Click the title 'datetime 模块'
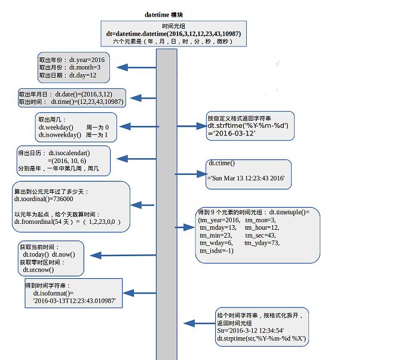tap(164, 14)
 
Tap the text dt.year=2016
tap(87, 60)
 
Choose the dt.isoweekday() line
tap(60, 135)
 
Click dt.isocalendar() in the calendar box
tap(69, 153)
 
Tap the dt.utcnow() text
tap(38, 270)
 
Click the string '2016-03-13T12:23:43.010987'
tap(74, 302)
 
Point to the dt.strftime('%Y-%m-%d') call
tap(249, 125)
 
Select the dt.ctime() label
tap(222, 163)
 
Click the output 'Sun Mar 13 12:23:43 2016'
tap(246, 179)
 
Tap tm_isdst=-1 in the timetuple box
tap(216, 251)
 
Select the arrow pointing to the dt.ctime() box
tap(190, 174)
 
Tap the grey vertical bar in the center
tap(167, 203)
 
